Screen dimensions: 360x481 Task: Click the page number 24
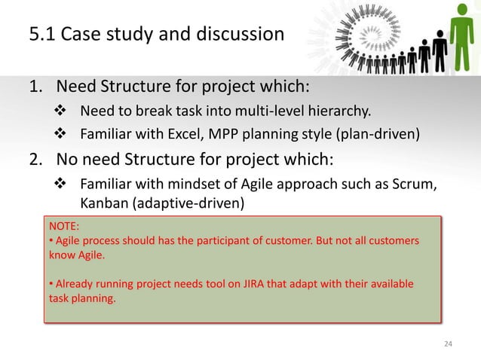[x=449, y=344]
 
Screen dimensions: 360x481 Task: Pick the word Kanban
[x=103, y=203]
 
